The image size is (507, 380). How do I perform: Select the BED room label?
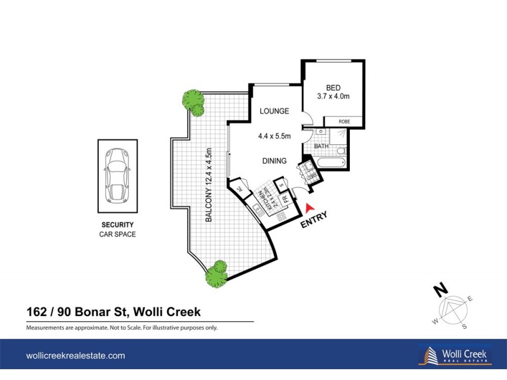333,87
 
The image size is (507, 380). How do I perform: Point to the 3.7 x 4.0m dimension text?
333,97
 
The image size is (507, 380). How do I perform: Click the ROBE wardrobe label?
344,122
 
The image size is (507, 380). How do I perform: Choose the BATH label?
321,146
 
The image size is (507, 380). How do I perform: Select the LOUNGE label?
274,111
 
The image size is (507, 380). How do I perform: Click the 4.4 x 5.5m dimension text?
274,136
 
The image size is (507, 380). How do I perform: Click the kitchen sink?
256,207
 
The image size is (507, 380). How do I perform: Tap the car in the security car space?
116,174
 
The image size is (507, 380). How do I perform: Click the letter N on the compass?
437,291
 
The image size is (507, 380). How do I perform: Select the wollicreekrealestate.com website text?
75,356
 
